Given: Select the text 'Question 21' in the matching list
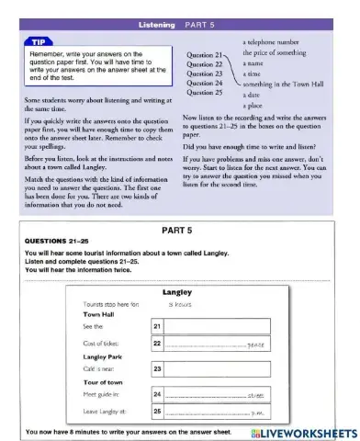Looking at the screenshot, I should pyautogui.click(x=204, y=56).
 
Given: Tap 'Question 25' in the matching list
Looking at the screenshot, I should pyautogui.click(x=204, y=93).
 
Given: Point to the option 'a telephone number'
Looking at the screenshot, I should pyautogui.click(x=277, y=43).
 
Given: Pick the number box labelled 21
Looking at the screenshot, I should pyautogui.click(x=157, y=326).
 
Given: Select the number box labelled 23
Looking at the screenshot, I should pyautogui.click(x=157, y=369).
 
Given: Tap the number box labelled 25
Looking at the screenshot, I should pyautogui.click(x=157, y=411).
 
